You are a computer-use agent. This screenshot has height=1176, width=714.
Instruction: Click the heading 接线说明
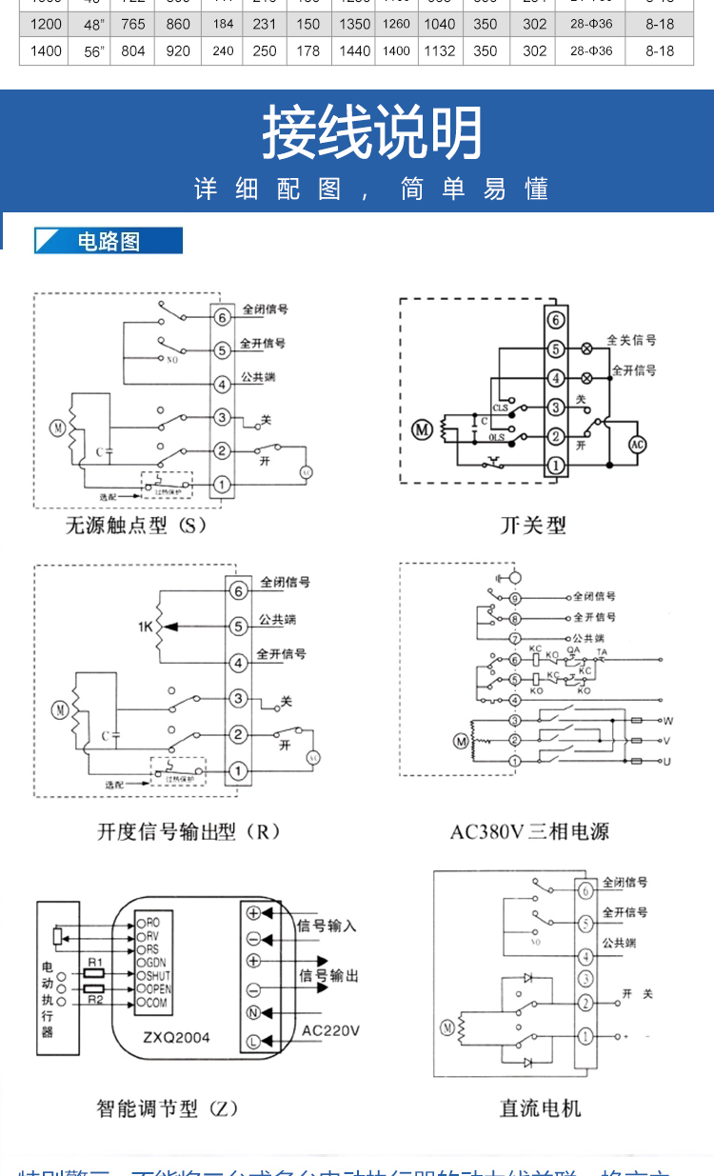pyautogui.click(x=372, y=134)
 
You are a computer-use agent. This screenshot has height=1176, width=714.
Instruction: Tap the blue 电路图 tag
pyautogui.click(x=109, y=241)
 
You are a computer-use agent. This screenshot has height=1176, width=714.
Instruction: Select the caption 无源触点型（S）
pyautogui.click(x=136, y=525)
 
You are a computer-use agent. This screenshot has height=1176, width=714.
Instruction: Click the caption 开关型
pyautogui.click(x=533, y=525)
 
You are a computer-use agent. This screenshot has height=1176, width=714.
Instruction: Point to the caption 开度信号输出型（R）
pyautogui.click(x=189, y=831)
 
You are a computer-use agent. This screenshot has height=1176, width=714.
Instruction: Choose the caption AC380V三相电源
pyautogui.click(x=529, y=831)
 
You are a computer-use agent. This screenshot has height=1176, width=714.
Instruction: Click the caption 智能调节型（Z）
pyautogui.click(x=168, y=1108)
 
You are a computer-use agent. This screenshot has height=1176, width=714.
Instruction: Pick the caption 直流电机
pyautogui.click(x=540, y=1108)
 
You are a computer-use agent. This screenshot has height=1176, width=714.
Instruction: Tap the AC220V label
pyautogui.click(x=330, y=1029)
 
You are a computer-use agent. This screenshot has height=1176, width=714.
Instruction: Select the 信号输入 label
pyautogui.click(x=327, y=926)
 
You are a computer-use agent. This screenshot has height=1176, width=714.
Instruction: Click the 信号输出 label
pyautogui.click(x=328, y=976)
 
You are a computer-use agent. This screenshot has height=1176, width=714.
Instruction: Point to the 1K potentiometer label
pyautogui.click(x=145, y=627)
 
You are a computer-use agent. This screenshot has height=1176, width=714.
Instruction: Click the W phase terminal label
pyautogui.click(x=668, y=721)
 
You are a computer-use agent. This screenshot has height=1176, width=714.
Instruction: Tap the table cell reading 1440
pyautogui.click(x=355, y=51)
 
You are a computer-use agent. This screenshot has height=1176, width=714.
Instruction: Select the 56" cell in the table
pyautogui.click(x=93, y=51)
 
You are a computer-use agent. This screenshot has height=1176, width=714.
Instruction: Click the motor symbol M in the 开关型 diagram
pyautogui.click(x=421, y=430)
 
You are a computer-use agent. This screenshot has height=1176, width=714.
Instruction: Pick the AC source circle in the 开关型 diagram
pyautogui.click(x=637, y=445)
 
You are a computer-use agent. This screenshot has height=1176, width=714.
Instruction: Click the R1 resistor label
pyautogui.click(x=95, y=964)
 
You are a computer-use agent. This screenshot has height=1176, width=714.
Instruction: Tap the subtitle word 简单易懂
pyautogui.click(x=475, y=189)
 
